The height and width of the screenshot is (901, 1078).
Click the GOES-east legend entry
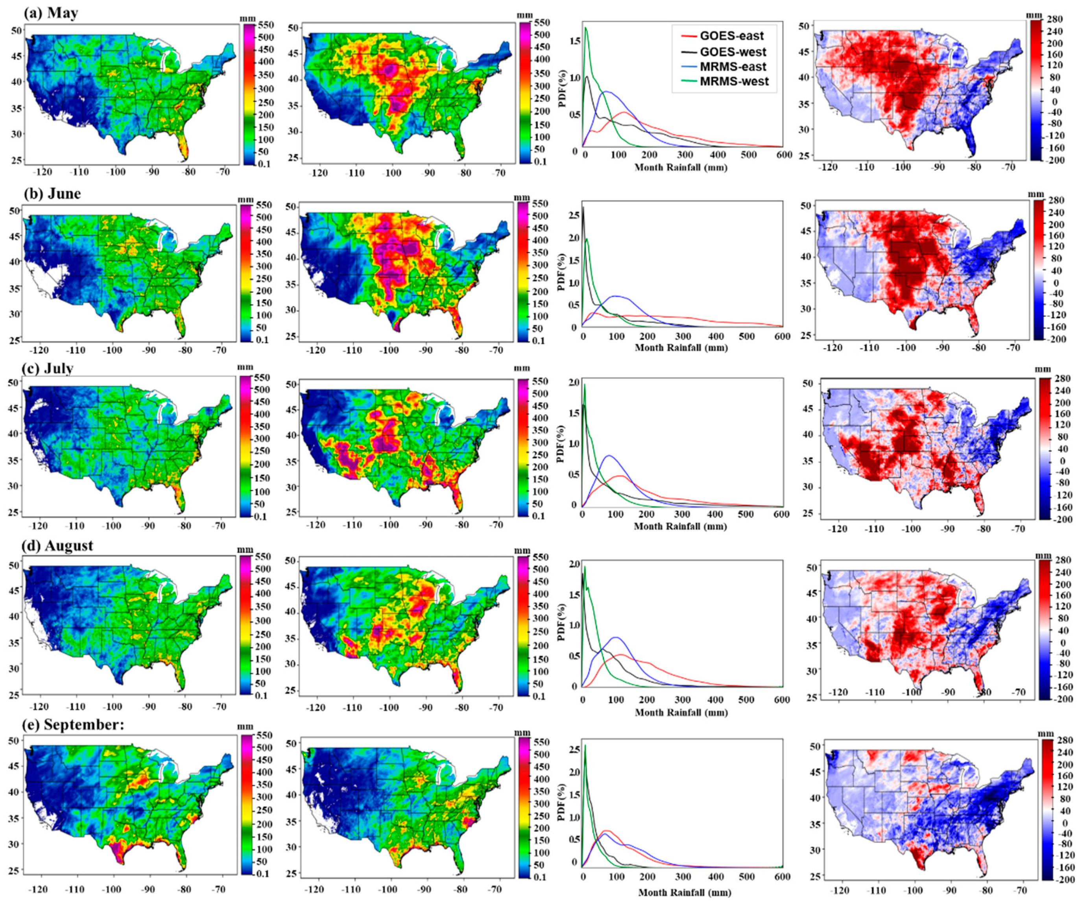point(740,35)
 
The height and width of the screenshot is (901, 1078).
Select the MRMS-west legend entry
point(740,81)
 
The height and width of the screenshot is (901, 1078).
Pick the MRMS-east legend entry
point(740,67)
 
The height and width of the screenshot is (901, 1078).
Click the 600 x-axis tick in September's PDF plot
point(781,877)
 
